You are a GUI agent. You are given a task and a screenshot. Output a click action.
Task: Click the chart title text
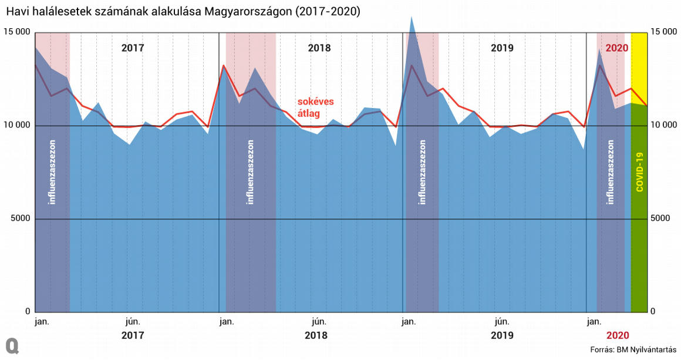tap(182, 12)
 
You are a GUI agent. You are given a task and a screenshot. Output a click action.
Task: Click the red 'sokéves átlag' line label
tap(315, 107)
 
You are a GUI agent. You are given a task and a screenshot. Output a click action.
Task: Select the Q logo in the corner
tap(12, 345)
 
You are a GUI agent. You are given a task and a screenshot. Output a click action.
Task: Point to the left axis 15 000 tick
tap(16, 32)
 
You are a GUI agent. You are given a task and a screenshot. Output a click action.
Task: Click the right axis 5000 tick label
tap(660, 218)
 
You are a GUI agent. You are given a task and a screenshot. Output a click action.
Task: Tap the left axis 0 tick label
tap(27, 311)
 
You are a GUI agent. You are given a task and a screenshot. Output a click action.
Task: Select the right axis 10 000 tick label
tap(663, 125)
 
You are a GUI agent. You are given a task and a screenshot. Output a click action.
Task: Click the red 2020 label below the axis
tap(617, 335)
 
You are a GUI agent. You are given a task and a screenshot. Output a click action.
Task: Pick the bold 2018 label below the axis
tap(316, 335)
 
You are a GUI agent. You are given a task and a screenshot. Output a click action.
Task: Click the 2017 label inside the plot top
tap(133, 48)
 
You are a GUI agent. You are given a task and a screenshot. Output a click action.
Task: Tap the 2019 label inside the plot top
tap(502, 48)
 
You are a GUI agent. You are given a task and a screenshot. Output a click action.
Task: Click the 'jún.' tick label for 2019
tap(501, 321)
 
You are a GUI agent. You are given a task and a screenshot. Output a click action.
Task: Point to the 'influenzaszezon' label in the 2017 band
tap(52, 171)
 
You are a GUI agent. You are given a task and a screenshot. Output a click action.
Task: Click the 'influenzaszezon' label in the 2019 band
tap(422, 171)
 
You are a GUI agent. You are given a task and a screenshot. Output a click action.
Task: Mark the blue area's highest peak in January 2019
tap(412, 16)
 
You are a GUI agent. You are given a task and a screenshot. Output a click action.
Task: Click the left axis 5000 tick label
tap(20, 218)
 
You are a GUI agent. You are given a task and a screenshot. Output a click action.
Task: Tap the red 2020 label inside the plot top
tap(617, 48)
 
